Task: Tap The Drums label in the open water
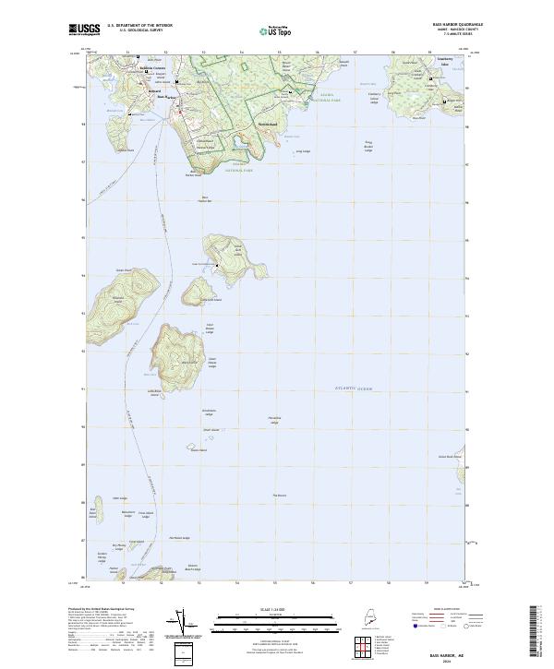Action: (280, 496)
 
